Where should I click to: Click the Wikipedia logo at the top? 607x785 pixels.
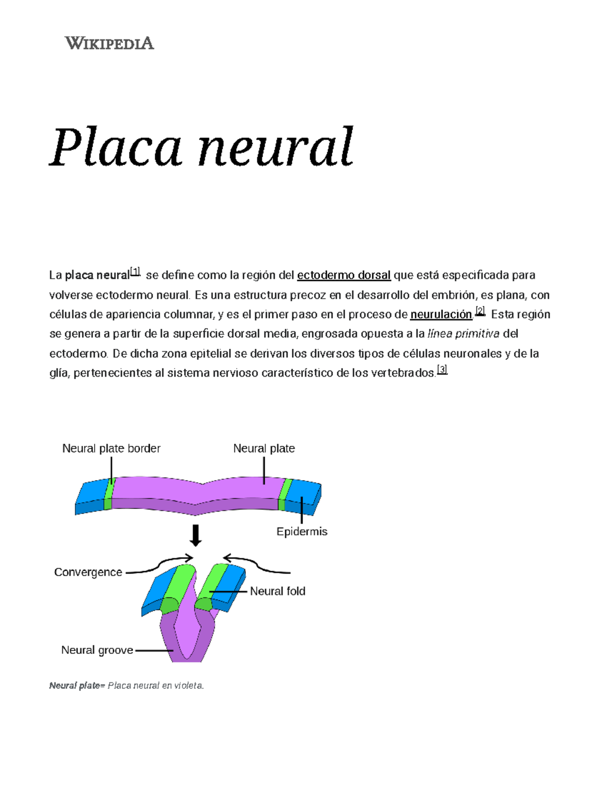[x=109, y=43]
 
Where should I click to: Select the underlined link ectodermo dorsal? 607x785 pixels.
[x=343, y=275]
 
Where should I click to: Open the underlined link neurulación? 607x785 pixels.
[x=441, y=314]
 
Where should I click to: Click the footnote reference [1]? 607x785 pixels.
[x=135, y=271]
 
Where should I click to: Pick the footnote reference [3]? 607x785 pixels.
[x=442, y=370]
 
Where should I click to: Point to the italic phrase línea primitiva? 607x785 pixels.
[x=463, y=334]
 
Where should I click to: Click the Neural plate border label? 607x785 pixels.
[x=111, y=448]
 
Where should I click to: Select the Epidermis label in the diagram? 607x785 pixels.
[x=302, y=532]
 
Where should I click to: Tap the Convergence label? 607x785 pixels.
[x=88, y=572]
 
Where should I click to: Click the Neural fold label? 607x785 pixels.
[x=278, y=591]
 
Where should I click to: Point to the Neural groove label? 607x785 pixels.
[x=97, y=650]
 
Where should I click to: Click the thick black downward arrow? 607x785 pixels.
[x=195, y=535]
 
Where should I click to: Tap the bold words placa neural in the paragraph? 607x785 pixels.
[x=97, y=275]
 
